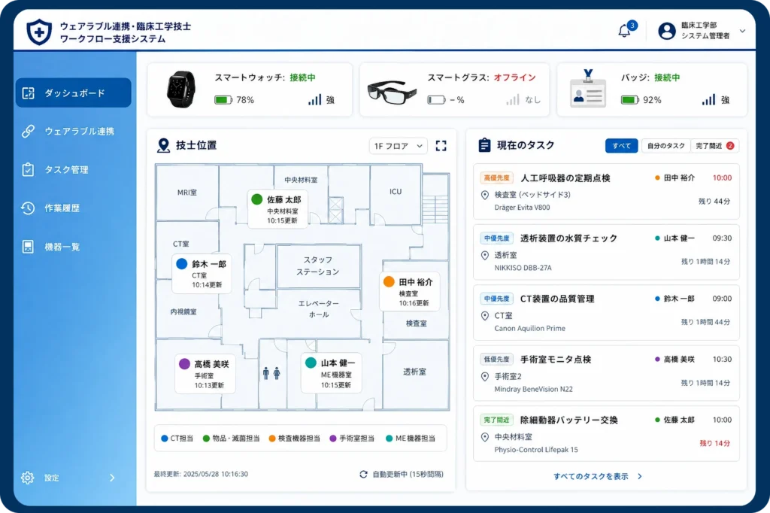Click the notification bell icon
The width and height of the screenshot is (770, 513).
(624, 31)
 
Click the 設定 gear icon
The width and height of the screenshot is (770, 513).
(28, 478)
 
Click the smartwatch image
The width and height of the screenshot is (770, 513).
(181, 89)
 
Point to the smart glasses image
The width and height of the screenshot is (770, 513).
(391, 91)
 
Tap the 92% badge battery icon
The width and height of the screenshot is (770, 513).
(630, 100)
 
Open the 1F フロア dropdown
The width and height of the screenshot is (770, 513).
(399, 146)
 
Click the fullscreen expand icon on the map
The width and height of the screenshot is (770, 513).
(441, 146)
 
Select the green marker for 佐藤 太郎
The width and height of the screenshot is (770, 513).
(257, 199)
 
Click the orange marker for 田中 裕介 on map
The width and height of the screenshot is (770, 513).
(389, 281)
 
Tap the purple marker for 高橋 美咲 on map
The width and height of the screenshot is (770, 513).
(185, 363)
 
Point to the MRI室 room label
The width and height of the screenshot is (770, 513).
(187, 193)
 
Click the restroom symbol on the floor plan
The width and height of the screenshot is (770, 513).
(271, 373)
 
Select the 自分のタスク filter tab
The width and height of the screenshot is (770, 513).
(666, 146)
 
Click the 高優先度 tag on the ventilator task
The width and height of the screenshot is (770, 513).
(496, 178)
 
